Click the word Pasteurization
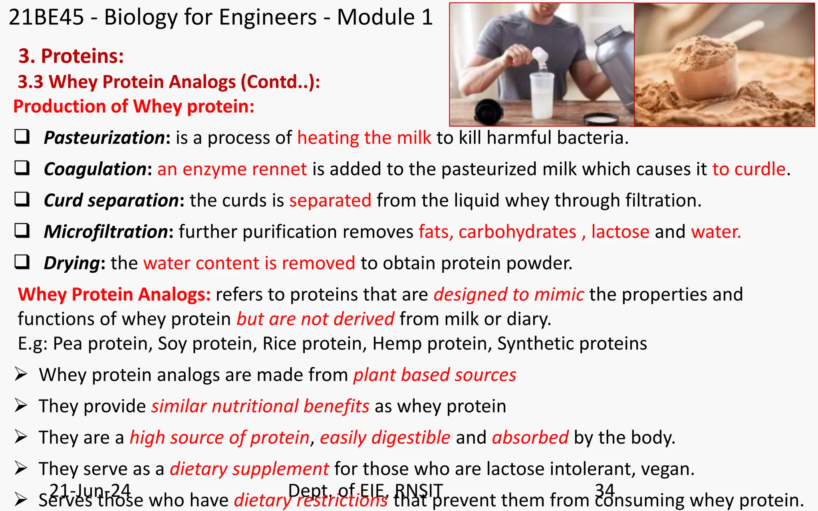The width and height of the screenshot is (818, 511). (x=104, y=138)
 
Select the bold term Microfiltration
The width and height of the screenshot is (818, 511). (x=106, y=232)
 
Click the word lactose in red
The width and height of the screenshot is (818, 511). (x=620, y=232)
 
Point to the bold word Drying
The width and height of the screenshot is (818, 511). (x=71, y=263)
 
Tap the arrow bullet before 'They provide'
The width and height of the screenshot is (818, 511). (x=21, y=406)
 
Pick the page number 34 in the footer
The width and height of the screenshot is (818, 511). (x=604, y=490)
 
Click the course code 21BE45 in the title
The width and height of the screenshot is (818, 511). (x=46, y=18)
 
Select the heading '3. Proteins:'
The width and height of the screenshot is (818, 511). (x=71, y=56)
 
